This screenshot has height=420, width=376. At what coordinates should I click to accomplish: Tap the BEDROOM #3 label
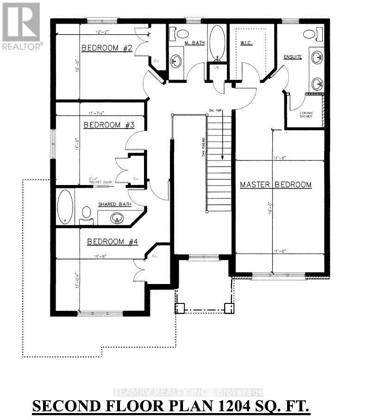[109, 125]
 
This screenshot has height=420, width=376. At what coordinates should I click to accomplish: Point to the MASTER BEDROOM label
[276, 185]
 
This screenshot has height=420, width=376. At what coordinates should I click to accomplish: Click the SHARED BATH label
[114, 204]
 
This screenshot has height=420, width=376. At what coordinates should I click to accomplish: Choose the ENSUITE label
[293, 57]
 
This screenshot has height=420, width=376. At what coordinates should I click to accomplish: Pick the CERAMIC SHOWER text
[306, 114]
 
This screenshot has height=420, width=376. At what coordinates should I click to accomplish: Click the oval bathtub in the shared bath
[66, 206]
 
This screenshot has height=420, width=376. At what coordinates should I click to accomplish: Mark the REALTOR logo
[22, 25]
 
